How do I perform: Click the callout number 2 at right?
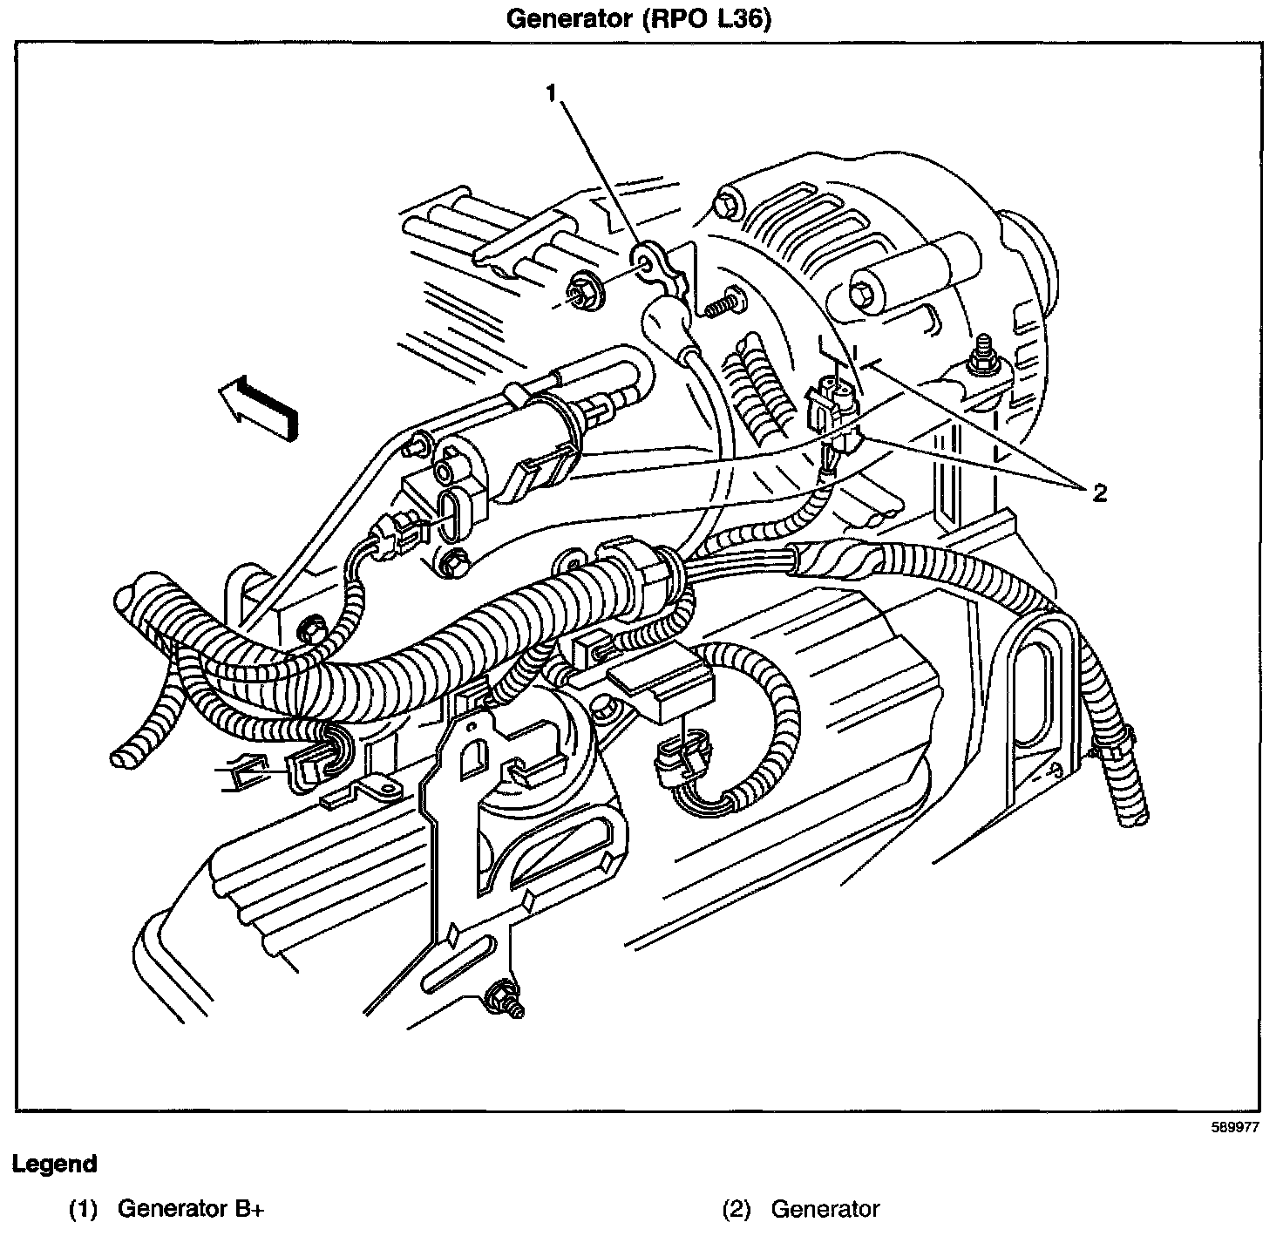1099,493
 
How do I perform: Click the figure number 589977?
1235,1126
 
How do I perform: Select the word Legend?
54,1164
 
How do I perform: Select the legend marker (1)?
85,1209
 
